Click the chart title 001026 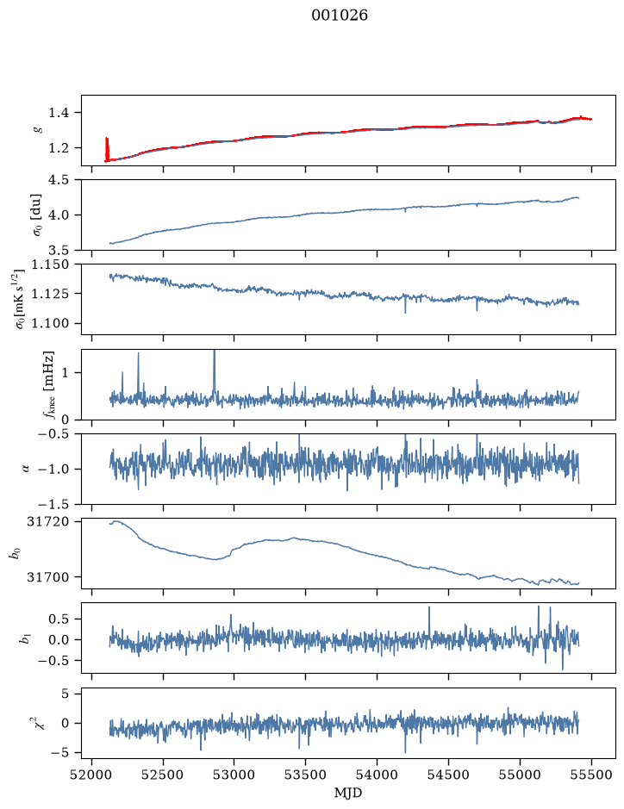[340, 16]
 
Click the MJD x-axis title [348, 793]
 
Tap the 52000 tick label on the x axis [92, 775]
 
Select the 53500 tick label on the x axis [306, 775]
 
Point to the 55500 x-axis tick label [591, 775]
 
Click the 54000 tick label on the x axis [377, 775]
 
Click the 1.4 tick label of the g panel [59, 113]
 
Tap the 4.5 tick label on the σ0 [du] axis [59, 179]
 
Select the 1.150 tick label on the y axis [51, 264]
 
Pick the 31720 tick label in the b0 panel [47, 521]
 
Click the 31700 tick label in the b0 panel [47, 577]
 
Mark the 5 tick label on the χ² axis [65, 694]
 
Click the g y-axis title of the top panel [38, 130]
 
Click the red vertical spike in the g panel [107, 149]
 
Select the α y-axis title [26, 469]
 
